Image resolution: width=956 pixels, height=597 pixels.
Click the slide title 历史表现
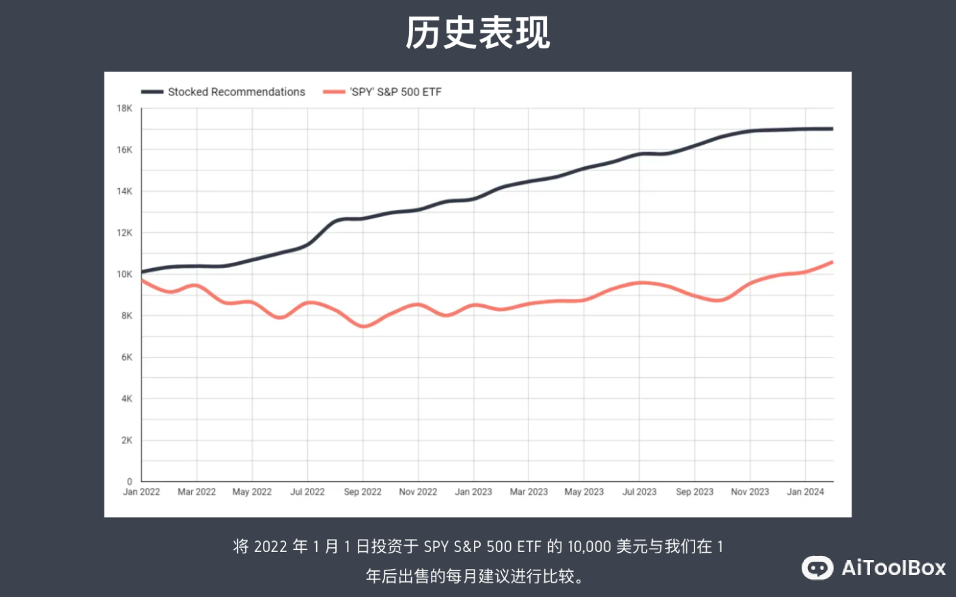click(x=477, y=33)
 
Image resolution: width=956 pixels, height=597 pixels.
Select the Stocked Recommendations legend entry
click(x=236, y=92)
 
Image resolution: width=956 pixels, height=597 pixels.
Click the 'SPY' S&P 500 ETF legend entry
click(x=395, y=92)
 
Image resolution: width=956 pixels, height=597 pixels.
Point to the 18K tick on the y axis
click(x=124, y=108)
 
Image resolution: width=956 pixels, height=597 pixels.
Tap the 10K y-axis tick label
click(x=124, y=274)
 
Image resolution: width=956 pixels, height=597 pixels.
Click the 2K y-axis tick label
click(x=126, y=440)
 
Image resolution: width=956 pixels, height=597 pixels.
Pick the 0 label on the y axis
click(x=129, y=482)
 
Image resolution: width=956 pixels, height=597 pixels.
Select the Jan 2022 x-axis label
click(x=141, y=492)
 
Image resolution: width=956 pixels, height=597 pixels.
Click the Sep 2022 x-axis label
click(x=363, y=492)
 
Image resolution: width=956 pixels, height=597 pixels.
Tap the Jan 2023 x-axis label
click(x=473, y=492)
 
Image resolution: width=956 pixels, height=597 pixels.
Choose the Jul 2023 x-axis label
click(x=639, y=492)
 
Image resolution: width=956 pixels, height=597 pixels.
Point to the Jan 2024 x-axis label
click(x=805, y=492)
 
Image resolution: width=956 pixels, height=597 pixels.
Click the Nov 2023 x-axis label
click(x=750, y=492)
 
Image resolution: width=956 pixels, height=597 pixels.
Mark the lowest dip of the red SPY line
click(x=364, y=326)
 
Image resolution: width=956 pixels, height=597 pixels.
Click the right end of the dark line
click(x=832, y=129)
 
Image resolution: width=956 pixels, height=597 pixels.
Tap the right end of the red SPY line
click(x=832, y=262)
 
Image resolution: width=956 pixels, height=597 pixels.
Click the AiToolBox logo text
click(x=893, y=568)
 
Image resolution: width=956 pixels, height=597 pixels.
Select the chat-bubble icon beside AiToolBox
click(x=817, y=568)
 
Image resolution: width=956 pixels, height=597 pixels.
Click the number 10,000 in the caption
click(x=589, y=547)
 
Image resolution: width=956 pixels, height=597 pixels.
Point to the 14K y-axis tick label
click(x=124, y=192)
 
